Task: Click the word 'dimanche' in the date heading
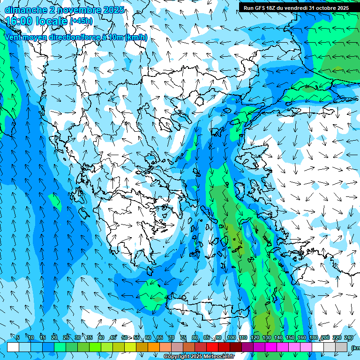(26, 10)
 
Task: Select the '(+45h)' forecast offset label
(81, 21)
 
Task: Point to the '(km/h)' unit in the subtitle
(136, 37)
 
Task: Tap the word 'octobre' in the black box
(321, 8)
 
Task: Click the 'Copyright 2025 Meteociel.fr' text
(199, 357)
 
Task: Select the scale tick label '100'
(231, 338)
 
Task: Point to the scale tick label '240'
(349, 338)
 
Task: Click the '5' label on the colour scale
(18, 338)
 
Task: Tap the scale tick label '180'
(313, 338)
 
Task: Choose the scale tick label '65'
(160, 338)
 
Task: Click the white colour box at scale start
(13, 347)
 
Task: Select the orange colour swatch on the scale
(154, 347)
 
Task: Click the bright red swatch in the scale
(212, 347)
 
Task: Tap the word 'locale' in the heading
(51, 21)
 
